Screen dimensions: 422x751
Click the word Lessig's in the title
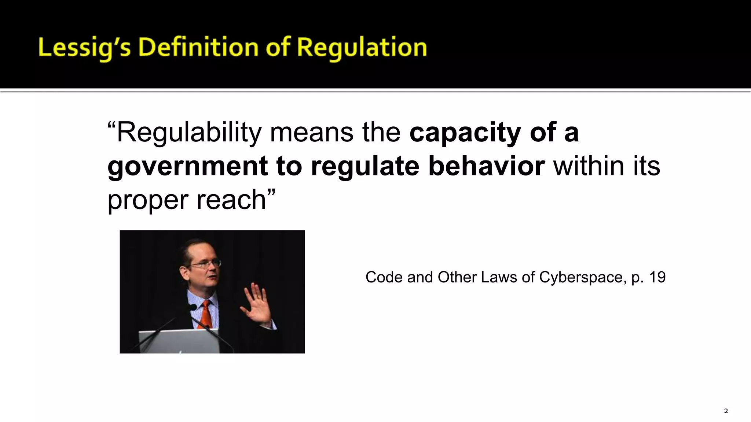(84, 48)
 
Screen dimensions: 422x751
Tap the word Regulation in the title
(362, 48)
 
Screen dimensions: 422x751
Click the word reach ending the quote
(231, 200)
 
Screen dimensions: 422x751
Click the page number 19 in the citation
(657, 277)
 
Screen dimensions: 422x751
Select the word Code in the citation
(381, 277)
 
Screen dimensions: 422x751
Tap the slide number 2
(726, 411)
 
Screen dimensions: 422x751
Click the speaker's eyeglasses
(205, 263)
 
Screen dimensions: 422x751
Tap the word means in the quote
(312, 133)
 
